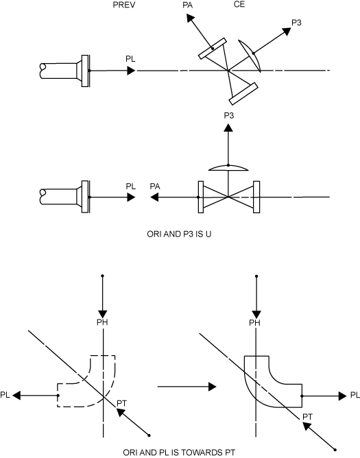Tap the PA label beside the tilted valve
[188, 6]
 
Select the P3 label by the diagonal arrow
[297, 23]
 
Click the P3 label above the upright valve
[229, 116]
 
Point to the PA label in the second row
[156, 186]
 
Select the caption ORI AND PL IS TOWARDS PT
[180, 453]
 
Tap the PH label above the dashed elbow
[102, 322]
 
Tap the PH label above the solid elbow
[255, 322]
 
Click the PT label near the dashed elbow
[122, 402]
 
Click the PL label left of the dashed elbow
[5, 395]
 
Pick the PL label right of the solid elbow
[355, 395]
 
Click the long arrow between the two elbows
[182, 387]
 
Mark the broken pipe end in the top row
[45, 71]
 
